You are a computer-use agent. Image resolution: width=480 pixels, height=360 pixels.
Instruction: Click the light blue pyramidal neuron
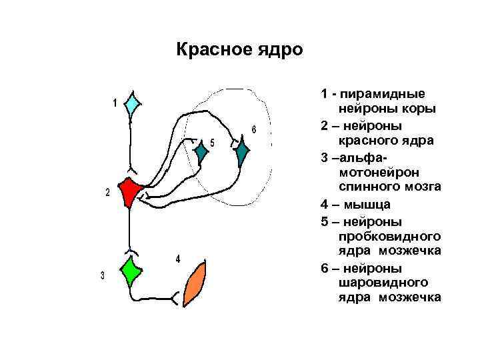133,104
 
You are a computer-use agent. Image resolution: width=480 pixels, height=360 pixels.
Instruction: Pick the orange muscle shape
195,284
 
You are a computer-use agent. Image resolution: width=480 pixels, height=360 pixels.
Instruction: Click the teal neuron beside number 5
201,154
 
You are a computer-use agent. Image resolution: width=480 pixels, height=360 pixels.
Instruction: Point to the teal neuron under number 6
242,153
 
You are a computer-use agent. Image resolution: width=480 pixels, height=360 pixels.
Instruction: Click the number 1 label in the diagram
115,103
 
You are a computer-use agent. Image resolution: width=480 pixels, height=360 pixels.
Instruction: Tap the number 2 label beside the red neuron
108,193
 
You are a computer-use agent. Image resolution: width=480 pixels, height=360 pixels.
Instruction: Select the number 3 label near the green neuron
103,276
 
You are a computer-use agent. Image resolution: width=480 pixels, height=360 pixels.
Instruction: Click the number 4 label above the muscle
177,259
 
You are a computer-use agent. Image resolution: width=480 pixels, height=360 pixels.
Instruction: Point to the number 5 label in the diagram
212,143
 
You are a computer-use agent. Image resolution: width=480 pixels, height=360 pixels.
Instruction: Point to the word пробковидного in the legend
390,236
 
